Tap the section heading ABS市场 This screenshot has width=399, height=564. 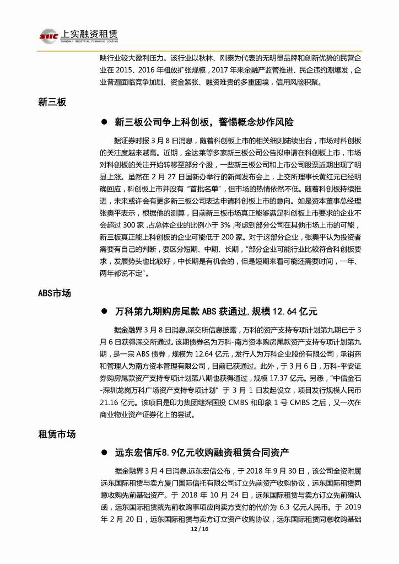[55, 292]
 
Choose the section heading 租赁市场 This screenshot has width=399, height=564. [56, 434]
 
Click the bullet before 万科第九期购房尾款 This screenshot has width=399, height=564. [103, 311]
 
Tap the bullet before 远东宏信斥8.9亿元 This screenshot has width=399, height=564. [103, 453]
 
